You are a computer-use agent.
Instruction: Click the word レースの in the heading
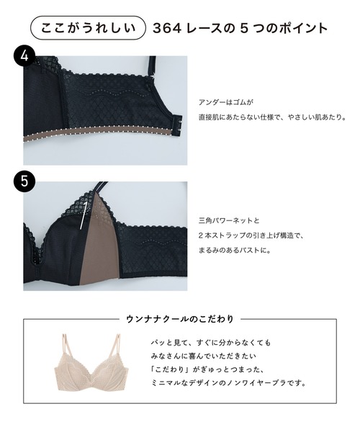tap(215, 29)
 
